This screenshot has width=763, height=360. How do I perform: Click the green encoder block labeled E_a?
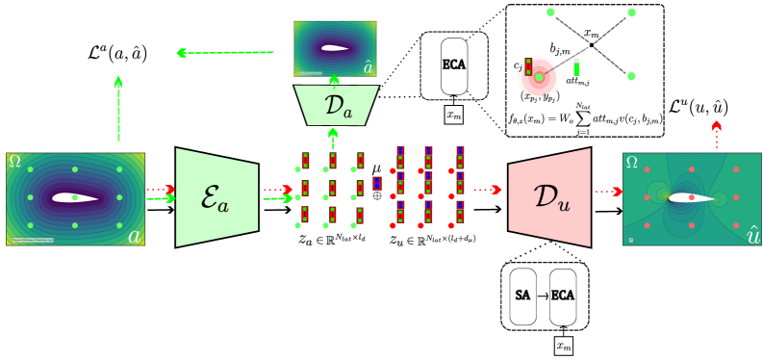[216, 197]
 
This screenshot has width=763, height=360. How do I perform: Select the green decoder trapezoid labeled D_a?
[334, 105]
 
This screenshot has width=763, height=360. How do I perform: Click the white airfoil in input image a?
[76, 198]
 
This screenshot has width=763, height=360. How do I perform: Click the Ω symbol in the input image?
[14, 162]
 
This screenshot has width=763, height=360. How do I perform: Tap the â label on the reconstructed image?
[367, 67]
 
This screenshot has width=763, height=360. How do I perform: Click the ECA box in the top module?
[453, 65]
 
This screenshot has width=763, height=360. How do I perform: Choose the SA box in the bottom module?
[523, 296]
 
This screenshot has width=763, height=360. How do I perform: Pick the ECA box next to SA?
[562, 296]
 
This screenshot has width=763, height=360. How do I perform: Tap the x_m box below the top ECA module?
[453, 115]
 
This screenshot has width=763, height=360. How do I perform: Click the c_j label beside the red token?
[518, 65]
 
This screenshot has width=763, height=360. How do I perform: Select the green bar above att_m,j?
[575, 69]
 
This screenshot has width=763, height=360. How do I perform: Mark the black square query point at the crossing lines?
[592, 44]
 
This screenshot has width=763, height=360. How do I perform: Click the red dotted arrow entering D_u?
[489, 190]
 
